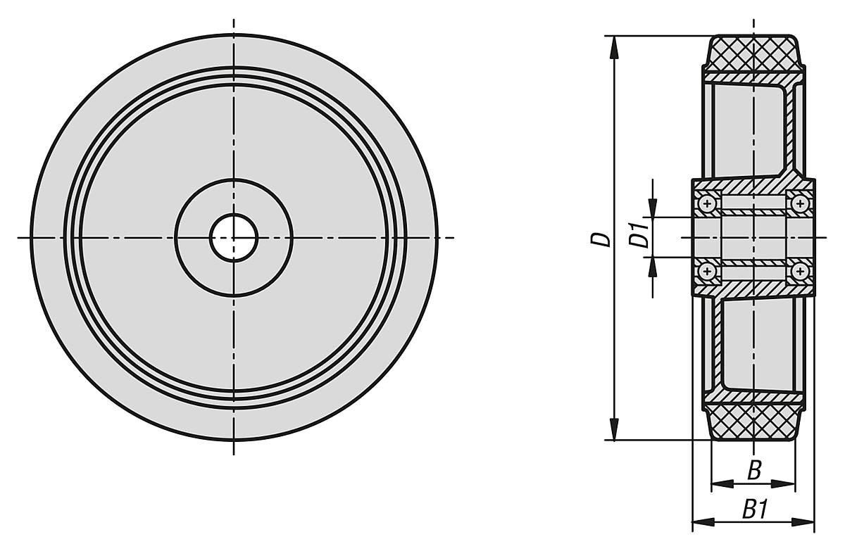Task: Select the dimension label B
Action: [753, 470]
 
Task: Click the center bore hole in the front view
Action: [233, 237]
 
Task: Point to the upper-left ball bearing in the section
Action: [707, 204]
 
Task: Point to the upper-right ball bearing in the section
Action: [799, 204]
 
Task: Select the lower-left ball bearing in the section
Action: [707, 271]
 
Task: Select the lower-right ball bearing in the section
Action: [799, 271]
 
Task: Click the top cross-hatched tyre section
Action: [753, 55]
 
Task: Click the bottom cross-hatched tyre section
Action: [753, 421]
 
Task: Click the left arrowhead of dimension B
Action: [719, 483]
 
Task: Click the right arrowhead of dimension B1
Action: [806, 522]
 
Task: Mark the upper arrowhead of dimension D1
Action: [653, 209]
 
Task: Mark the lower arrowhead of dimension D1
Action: [653, 266]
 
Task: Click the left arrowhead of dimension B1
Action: [701, 522]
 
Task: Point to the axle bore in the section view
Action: [753, 237]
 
